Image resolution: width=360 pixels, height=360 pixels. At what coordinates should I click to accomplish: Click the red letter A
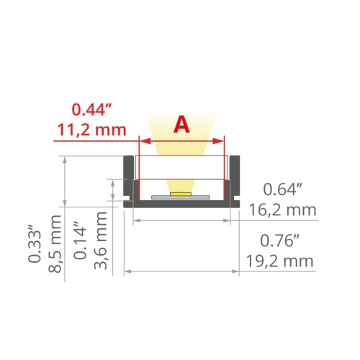(x=182, y=125)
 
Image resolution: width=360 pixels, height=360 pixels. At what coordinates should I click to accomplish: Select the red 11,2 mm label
(x=91, y=131)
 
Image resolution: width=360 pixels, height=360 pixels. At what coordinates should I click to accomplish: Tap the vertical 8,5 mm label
(x=55, y=241)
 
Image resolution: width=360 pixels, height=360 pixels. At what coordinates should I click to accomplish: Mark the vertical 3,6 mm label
(x=103, y=241)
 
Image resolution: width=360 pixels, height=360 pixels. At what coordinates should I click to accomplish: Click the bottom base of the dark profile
(x=181, y=204)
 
